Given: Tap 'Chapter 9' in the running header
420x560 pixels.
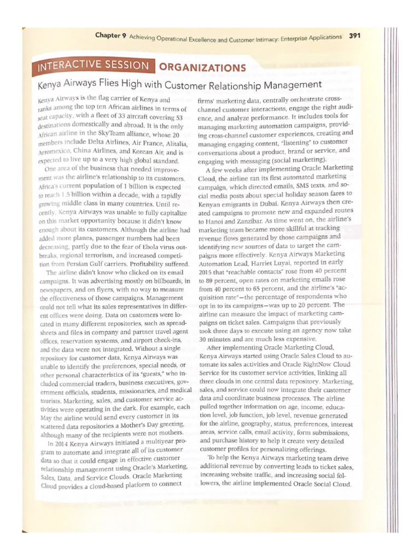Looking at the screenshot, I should click(110, 36).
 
